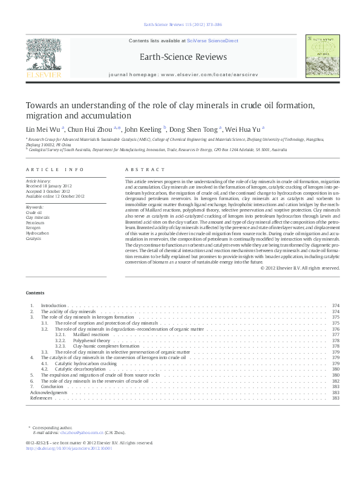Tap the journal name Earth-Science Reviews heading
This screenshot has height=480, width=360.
coord(183,57)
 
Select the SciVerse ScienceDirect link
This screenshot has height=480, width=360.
coord(212,41)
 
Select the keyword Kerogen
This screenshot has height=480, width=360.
coord(33,228)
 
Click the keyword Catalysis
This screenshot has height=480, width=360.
coord(34,238)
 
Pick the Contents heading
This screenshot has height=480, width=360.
coord(35,293)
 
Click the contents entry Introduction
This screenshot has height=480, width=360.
coord(53,306)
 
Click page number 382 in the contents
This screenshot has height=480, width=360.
coord(335,381)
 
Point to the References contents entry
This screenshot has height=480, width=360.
coord(41,398)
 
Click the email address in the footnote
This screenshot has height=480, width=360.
coord(78,433)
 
